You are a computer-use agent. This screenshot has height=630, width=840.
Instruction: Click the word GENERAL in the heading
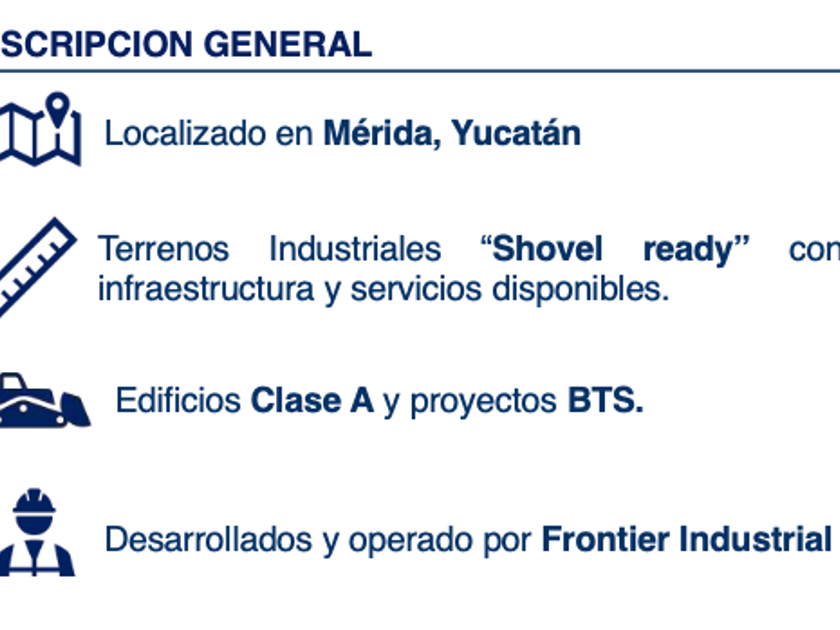(288, 44)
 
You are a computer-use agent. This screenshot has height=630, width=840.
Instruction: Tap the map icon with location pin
(40, 129)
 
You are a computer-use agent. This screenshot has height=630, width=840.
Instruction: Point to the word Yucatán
(516, 132)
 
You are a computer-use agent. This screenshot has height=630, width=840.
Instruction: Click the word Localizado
(185, 133)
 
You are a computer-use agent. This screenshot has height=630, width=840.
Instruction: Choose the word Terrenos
(163, 249)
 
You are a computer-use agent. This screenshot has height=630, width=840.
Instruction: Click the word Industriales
(355, 248)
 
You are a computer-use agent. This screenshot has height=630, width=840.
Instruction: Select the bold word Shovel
(547, 249)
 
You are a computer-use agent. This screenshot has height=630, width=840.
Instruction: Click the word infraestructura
(206, 289)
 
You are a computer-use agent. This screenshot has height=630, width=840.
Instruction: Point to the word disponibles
(580, 290)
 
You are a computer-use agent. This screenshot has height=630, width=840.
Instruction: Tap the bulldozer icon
(45, 401)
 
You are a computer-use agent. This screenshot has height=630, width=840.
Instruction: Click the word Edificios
(178, 400)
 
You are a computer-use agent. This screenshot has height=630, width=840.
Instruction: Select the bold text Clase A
(312, 400)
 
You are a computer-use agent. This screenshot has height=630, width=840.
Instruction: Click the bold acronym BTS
(605, 400)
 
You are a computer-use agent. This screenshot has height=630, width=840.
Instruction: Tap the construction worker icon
(36, 532)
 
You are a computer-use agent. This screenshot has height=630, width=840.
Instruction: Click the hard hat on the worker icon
(34, 502)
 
